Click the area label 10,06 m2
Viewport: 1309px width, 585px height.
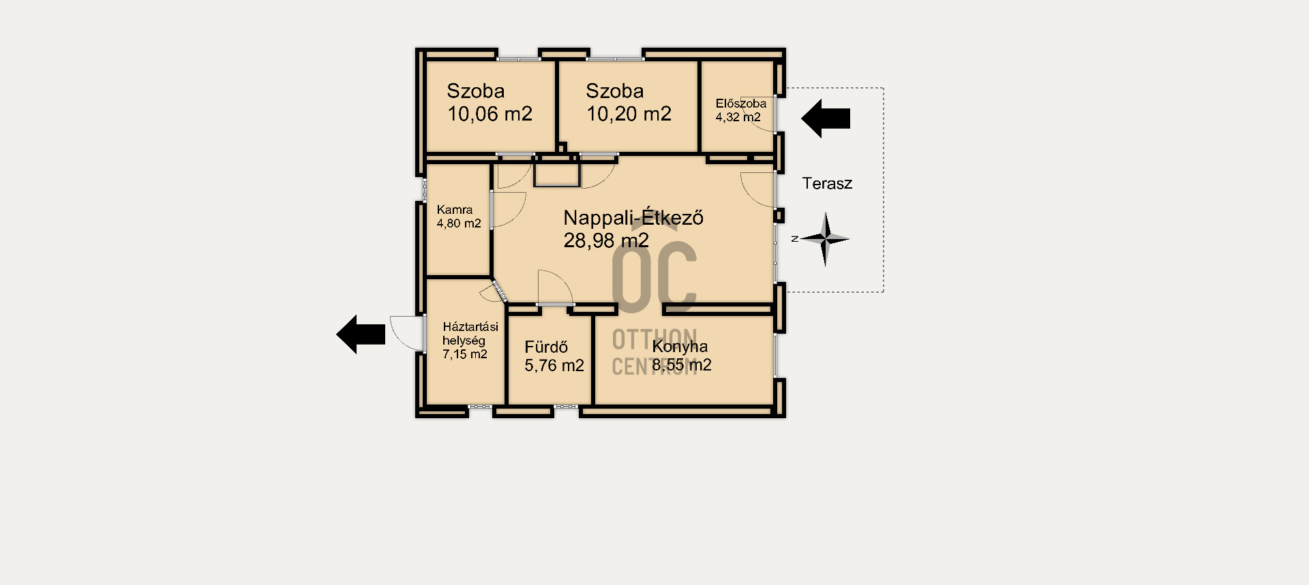click(x=490, y=114)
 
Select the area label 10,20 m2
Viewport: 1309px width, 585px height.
click(x=629, y=114)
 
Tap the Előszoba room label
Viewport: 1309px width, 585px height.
click(x=740, y=104)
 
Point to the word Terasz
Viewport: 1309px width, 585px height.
click(x=827, y=183)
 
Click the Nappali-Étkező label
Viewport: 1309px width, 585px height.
click(x=633, y=218)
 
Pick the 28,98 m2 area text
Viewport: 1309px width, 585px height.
click(x=606, y=240)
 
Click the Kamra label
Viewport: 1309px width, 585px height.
click(x=455, y=210)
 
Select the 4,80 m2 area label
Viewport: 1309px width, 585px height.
click(x=459, y=223)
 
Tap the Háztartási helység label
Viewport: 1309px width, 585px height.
click(x=470, y=334)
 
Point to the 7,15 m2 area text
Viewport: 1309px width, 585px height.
click(x=465, y=354)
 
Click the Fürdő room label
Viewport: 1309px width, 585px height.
click(x=546, y=347)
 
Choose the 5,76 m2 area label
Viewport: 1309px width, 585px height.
click(x=554, y=366)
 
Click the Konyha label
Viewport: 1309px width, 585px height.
click(x=680, y=346)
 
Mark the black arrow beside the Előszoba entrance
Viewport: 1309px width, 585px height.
click(x=826, y=118)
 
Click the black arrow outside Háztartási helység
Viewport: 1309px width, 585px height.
click(x=361, y=334)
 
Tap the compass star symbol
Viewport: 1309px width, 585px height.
click(x=825, y=239)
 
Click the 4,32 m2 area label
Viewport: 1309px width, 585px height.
click(x=738, y=117)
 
